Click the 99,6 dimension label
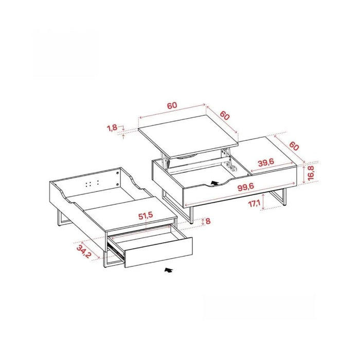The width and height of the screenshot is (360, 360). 246,187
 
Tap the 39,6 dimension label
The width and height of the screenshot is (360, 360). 266,163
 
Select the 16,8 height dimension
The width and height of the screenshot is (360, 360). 311,173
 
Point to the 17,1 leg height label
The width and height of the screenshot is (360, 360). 254,203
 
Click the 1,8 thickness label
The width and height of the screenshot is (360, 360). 112,128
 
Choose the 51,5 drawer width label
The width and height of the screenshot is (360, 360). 146,216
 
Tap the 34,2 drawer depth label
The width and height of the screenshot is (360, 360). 84,251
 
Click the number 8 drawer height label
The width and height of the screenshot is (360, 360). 208,221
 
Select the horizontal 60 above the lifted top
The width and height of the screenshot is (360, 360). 172,105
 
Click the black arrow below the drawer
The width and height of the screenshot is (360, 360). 168,270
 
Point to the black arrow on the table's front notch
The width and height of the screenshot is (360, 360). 214,183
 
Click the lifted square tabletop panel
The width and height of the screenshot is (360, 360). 188,136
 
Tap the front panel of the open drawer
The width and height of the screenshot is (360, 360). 158,253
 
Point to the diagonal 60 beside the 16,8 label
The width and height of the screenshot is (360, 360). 294,146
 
